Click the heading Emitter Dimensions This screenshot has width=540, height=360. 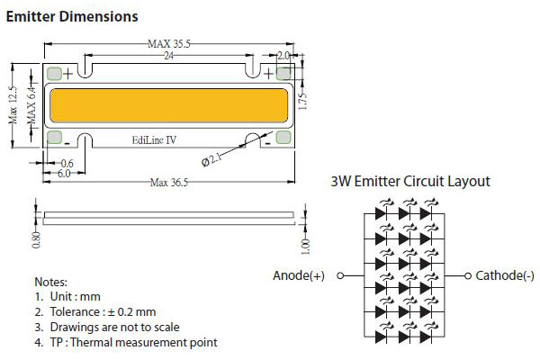click(72, 17)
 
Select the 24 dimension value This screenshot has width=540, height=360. click(167, 56)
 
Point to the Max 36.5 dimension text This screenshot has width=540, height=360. click(170, 183)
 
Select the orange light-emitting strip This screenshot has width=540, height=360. click(167, 107)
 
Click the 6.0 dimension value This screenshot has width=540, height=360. click(64, 173)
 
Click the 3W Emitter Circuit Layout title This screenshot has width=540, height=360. click(411, 182)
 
